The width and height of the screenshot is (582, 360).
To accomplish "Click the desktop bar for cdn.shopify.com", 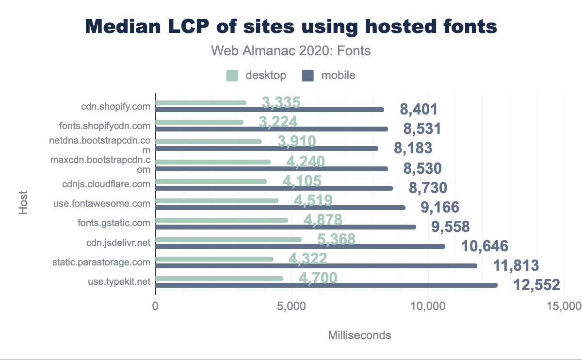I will pos(201,103).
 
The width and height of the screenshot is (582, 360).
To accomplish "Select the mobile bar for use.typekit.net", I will pos(326,285).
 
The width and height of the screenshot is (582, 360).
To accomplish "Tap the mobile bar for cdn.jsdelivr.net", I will pos(300,246).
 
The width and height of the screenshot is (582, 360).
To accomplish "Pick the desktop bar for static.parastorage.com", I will pos(214,259).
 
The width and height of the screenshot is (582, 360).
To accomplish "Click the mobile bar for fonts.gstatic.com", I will pos(286,227).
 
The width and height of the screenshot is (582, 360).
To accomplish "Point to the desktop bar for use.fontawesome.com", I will pos(217,201).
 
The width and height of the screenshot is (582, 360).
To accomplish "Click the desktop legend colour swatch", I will pos(232,76).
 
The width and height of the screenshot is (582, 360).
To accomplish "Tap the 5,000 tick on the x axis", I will pos(291,306).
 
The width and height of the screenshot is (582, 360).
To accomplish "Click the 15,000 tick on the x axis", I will pos(563,306).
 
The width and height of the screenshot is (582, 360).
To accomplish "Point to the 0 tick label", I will pos(156,306).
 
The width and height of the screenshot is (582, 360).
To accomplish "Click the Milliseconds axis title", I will pos(359,335).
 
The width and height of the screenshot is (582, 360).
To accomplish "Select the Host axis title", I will pos(23,203).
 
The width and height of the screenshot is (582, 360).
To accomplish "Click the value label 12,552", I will pos(537,285).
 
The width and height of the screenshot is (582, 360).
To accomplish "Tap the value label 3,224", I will pos(278,122).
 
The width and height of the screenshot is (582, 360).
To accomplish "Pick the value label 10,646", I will pos(485,246).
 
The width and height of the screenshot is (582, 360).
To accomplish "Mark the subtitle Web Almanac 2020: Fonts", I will pos(291,50).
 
